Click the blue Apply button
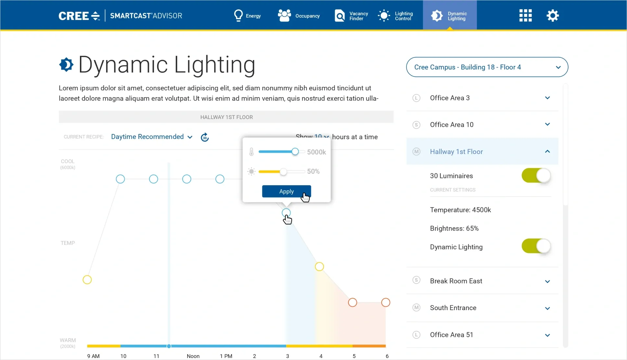pos(286,191)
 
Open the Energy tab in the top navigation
pos(247,16)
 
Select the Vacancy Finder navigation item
pos(351,16)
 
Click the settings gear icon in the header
pos(553,16)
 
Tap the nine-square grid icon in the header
pos(525,16)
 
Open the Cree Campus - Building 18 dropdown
pos(487,67)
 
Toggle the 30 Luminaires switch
pos(536,176)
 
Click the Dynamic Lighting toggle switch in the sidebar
pos(536,246)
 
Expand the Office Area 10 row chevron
pos(547,125)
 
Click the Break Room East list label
pos(456,281)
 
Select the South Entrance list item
pos(453,308)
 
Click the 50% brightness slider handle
pos(283,172)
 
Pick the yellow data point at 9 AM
pos(87,280)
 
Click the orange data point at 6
pos(386,303)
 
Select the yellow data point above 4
pos(319,267)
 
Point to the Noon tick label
pos(193,356)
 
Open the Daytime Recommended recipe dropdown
pos(152,137)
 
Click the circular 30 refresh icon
pos(205,137)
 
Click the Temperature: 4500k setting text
pos(460,210)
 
